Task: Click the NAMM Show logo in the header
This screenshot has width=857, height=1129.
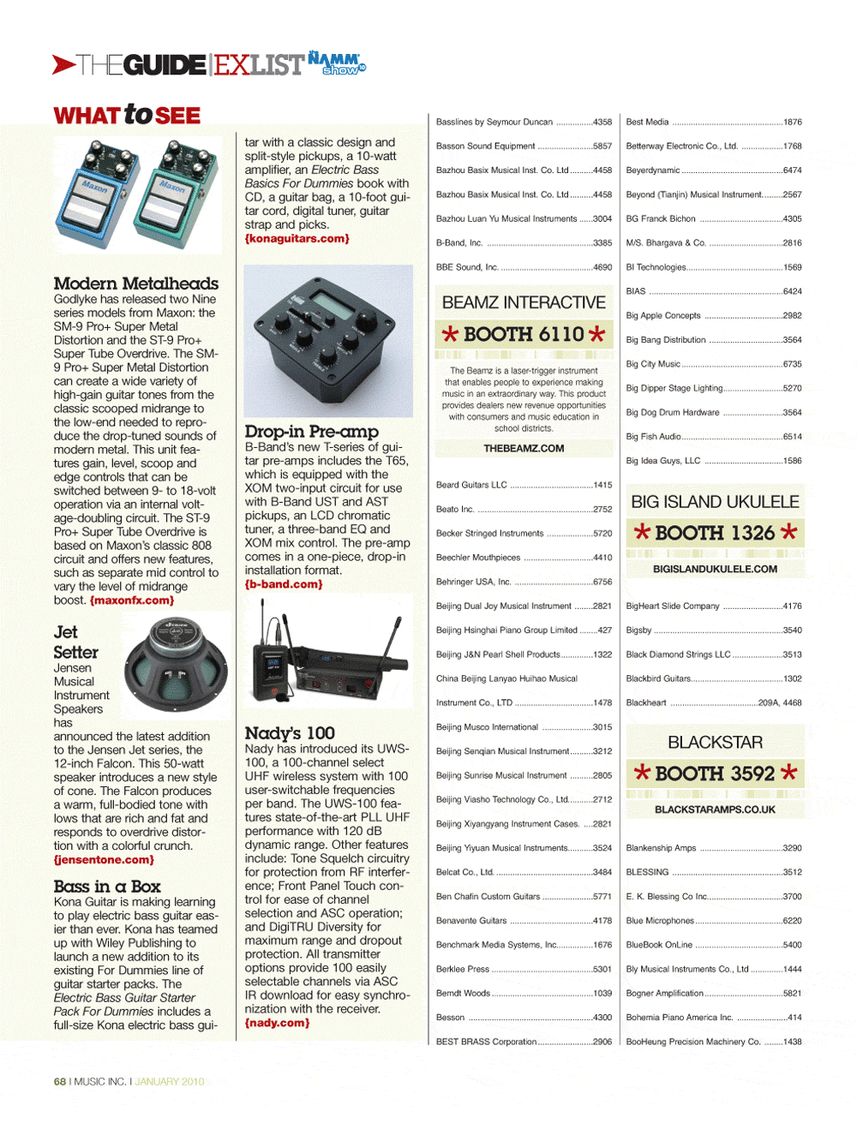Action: click(x=336, y=63)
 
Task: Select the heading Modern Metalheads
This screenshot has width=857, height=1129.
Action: click(x=135, y=284)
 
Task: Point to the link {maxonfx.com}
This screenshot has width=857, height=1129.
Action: click(x=132, y=600)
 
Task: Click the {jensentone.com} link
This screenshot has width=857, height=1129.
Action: click(x=104, y=859)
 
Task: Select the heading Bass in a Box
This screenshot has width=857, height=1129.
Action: click(x=106, y=887)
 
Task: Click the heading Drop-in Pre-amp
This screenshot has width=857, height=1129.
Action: click(x=311, y=432)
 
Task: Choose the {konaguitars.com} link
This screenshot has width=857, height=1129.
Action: click(x=297, y=238)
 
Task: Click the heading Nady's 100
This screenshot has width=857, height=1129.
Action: click(x=290, y=733)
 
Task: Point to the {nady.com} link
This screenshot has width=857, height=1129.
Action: click(x=277, y=1023)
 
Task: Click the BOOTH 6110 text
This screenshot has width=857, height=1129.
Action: click(x=524, y=334)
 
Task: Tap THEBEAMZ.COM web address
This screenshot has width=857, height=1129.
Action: click(x=524, y=448)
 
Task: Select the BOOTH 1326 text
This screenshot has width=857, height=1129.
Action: click(x=715, y=533)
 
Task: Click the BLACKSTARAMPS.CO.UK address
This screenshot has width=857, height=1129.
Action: click(x=715, y=809)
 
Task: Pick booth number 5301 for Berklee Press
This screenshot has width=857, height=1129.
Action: click(x=602, y=970)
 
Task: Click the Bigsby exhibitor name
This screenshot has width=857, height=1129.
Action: click(x=638, y=630)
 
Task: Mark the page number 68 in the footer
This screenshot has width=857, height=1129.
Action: click(x=60, y=1082)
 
